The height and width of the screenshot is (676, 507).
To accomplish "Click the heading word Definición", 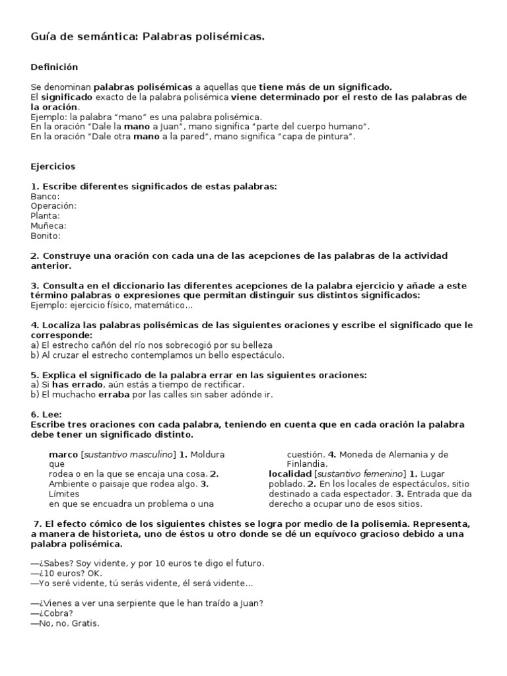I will (x=54, y=67).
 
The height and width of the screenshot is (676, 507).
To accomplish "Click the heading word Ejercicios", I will (x=53, y=166).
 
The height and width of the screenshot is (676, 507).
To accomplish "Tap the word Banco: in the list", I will (x=45, y=196).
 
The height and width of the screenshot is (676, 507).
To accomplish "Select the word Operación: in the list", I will (x=53, y=206).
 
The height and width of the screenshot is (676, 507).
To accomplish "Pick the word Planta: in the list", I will (x=45, y=216).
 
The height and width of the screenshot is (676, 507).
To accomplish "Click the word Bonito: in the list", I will (x=46, y=236).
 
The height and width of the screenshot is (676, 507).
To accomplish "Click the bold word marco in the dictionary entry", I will (x=63, y=454).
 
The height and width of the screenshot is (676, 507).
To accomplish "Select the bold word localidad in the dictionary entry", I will (x=290, y=474).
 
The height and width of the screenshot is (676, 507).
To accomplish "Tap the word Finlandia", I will (x=307, y=464).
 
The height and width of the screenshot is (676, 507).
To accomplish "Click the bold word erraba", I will (x=114, y=395).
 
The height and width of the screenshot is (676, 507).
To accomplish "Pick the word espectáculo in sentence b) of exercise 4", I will (x=259, y=355).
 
